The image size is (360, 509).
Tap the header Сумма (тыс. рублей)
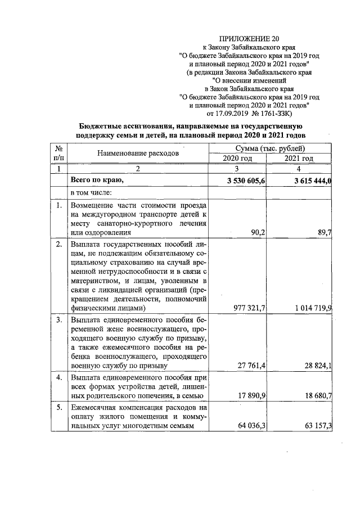(271, 148)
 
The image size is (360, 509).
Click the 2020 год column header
(238, 159)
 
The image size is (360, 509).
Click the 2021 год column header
(300, 159)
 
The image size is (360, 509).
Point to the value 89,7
(322, 231)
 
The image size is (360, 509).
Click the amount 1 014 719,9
(308, 308)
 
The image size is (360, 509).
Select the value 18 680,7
(313, 396)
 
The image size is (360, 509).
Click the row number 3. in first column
(59, 320)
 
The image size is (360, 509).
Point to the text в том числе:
(92, 192)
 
